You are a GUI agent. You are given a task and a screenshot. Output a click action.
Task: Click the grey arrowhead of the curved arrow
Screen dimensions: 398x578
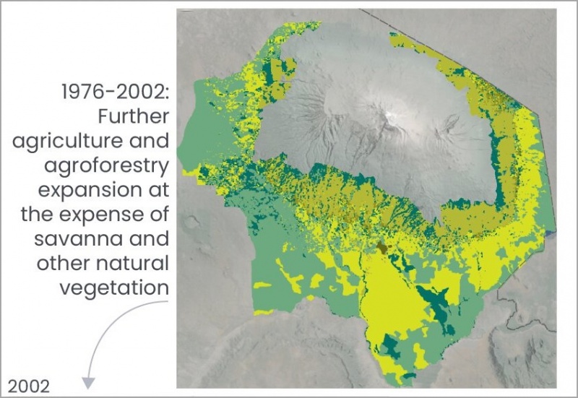point(88,382)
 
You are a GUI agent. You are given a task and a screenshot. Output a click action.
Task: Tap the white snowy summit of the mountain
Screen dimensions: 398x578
point(391,116)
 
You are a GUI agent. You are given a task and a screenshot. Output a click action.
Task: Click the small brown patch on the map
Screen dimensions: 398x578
point(381,248)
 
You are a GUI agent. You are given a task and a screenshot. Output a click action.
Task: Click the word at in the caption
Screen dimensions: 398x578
point(158,190)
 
